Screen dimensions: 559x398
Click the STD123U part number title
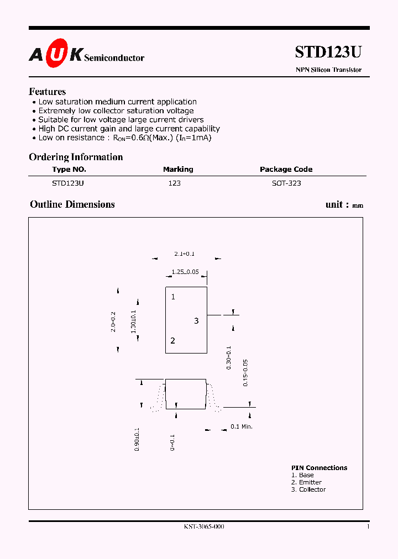328,52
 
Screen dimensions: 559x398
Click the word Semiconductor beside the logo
114,58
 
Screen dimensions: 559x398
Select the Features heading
48,92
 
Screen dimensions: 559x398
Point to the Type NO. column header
69,170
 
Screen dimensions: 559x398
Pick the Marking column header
178,170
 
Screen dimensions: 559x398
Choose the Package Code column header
286,170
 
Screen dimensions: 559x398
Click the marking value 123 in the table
174,183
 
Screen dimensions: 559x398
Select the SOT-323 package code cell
286,183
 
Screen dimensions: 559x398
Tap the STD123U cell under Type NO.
68,183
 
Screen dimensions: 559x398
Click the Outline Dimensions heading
72,204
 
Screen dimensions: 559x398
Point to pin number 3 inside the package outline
196,321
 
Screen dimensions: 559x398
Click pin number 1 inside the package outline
173,297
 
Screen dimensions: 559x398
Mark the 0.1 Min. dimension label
241,426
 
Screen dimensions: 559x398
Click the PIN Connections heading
320,468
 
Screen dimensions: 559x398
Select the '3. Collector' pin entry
308,489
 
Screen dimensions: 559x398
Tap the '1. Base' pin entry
303,475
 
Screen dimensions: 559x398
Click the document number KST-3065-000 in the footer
204,527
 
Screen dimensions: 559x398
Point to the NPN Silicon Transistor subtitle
328,70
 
